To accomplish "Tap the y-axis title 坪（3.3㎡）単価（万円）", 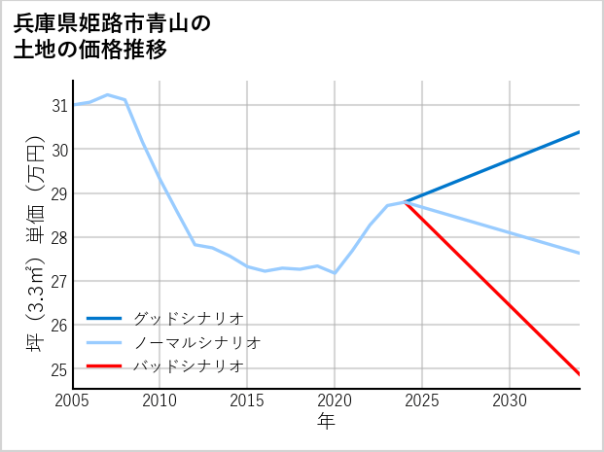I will (x=35, y=237).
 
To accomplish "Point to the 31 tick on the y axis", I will (x=58, y=105).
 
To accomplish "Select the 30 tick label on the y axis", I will (x=58, y=149).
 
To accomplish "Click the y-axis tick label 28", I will (x=58, y=237).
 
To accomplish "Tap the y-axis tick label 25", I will (x=58, y=369).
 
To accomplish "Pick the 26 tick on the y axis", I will (x=58, y=326).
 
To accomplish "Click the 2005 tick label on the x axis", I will (x=72, y=400).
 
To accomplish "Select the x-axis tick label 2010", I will (x=160, y=400).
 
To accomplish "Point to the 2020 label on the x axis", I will (x=335, y=400).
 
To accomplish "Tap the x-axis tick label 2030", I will (x=510, y=400).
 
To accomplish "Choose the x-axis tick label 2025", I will (x=422, y=400).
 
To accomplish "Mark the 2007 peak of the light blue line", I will (x=107, y=95).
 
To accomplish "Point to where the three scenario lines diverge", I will (x=405, y=201).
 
